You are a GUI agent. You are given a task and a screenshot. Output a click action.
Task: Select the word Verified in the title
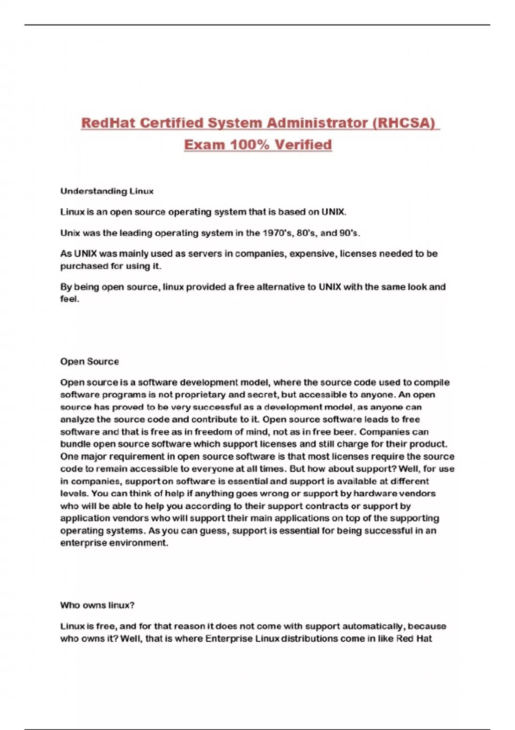[303, 145]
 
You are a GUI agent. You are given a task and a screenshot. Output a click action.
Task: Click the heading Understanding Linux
[107, 191]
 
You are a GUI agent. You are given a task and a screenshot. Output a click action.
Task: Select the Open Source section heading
[89, 362]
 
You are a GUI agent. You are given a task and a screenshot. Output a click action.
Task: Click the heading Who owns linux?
[97, 605]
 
